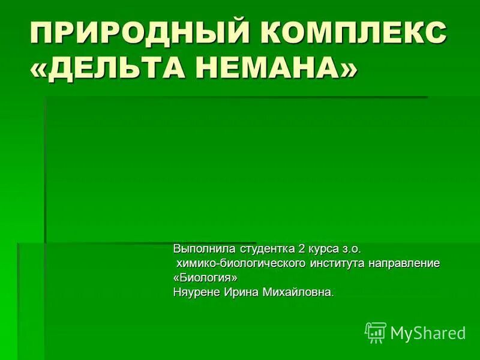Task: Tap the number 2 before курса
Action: [302, 248]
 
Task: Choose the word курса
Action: [324, 248]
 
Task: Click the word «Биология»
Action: [205, 278]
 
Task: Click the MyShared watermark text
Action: [428, 333]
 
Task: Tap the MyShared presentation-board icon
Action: [376, 332]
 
